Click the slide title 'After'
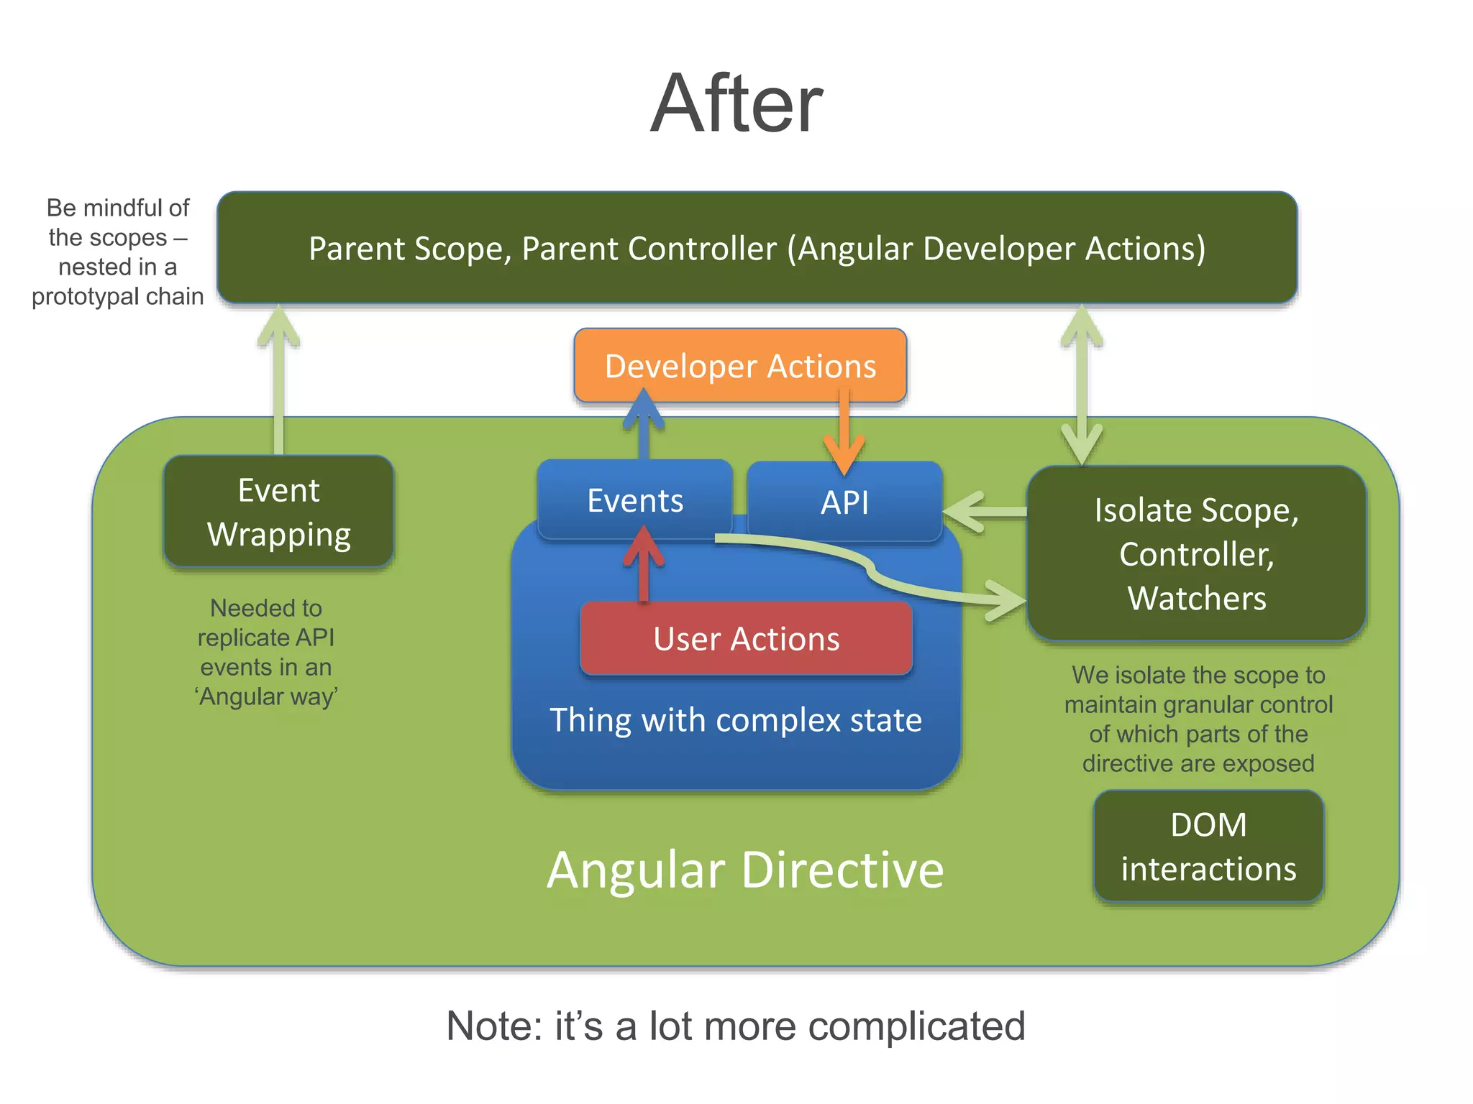pyautogui.click(x=736, y=103)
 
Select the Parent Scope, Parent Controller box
pyautogui.click(x=757, y=248)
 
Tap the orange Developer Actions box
pyautogui.click(x=740, y=365)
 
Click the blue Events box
pyautogui.click(x=635, y=500)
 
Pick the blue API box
pyautogui.click(x=845, y=502)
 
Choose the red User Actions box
pyautogui.click(x=746, y=638)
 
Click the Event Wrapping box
pyautogui.click(x=279, y=512)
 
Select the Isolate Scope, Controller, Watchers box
pyautogui.click(x=1196, y=553)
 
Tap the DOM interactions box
pyautogui.click(x=1208, y=846)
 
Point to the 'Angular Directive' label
pyautogui.click(x=745, y=870)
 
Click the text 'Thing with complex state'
pyautogui.click(x=736, y=719)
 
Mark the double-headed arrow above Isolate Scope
pyautogui.click(x=1082, y=385)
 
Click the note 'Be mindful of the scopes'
pyautogui.click(x=117, y=252)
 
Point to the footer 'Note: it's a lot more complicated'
pyautogui.click(x=736, y=1025)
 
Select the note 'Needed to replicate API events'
pyautogui.click(x=266, y=652)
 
